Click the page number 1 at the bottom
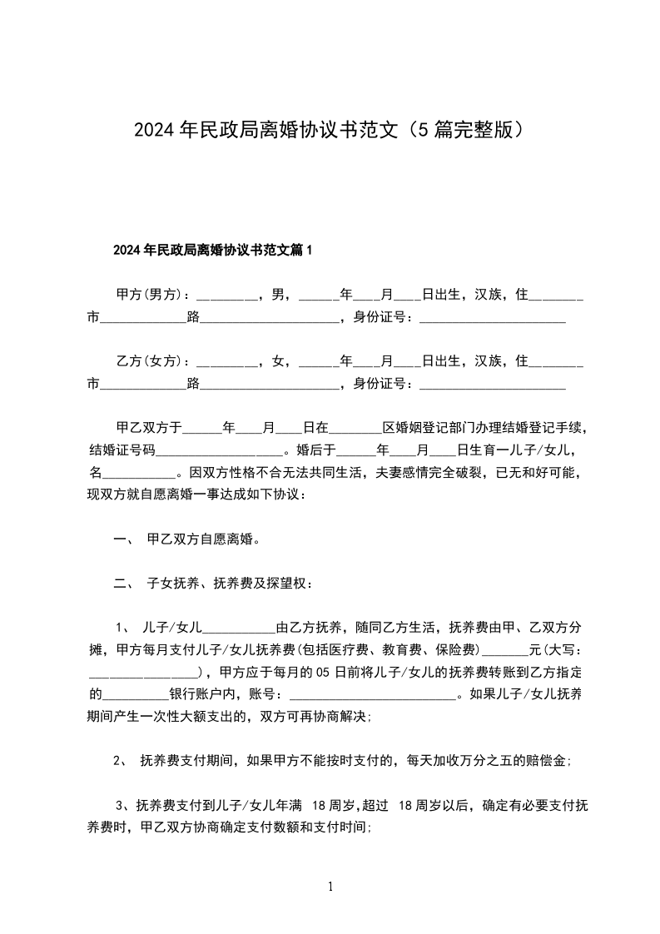[x=330, y=887]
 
